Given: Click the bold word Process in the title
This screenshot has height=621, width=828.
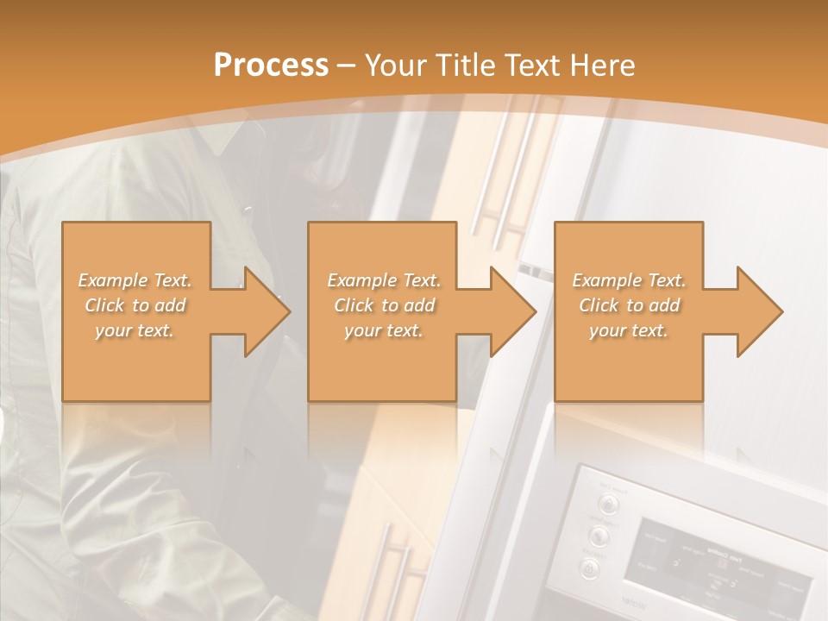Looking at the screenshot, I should pyautogui.click(x=271, y=66).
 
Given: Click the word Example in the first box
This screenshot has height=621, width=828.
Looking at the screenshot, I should pyautogui.click(x=113, y=280).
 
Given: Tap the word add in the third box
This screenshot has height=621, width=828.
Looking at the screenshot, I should pyautogui.click(x=664, y=305).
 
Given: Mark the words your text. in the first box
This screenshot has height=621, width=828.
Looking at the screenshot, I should pyautogui.click(x=135, y=330).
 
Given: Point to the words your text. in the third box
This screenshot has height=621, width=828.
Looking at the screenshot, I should pyautogui.click(x=629, y=330).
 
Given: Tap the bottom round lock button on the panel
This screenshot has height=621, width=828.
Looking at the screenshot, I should pyautogui.click(x=590, y=568).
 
